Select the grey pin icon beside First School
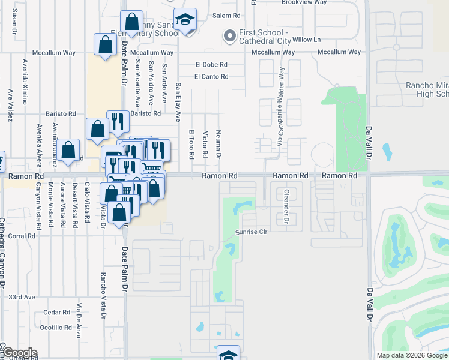pyautogui.click(x=229, y=37)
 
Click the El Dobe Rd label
pyautogui.click(x=211, y=64)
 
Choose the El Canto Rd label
pyautogui.click(x=211, y=76)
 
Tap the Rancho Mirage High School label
pyautogui.click(x=427, y=89)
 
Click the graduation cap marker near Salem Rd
pyautogui.click(x=185, y=20)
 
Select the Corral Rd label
pyautogui.click(x=22, y=236)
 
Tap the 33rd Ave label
pyautogui.click(x=22, y=297)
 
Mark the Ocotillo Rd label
pyautogui.click(x=56, y=327)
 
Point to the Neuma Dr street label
pyautogui.click(x=219, y=145)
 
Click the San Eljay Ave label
pyautogui.click(x=178, y=103)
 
